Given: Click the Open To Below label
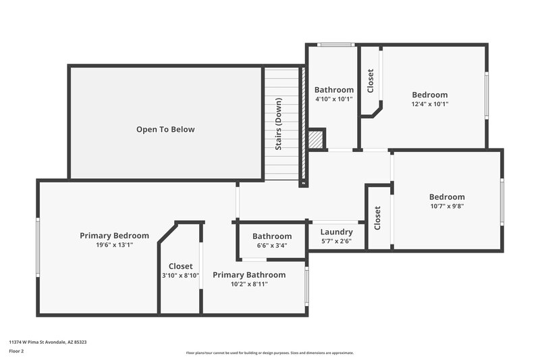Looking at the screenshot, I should (165, 129).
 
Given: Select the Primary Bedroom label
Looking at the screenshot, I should (114, 236).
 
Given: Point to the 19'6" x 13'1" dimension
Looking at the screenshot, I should (114, 245).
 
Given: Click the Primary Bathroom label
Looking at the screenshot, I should (249, 275).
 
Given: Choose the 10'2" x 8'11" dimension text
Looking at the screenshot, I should (249, 284).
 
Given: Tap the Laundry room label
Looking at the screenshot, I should (336, 232).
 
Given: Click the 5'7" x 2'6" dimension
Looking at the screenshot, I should (336, 241).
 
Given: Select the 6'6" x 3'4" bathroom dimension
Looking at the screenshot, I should (272, 246).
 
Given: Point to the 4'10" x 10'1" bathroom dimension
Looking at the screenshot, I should (334, 99).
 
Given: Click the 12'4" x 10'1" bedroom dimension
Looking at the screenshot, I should (430, 104).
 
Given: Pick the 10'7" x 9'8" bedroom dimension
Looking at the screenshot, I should (446, 206).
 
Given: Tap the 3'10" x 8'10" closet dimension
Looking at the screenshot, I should (180, 276).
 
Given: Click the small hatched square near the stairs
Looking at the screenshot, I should (315, 140).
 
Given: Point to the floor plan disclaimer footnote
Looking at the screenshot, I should (269, 353).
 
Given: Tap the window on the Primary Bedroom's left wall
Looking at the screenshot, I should (38, 247).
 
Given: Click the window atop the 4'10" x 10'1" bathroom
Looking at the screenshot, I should (336, 45).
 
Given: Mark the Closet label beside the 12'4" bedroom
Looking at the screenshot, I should (370, 81).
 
